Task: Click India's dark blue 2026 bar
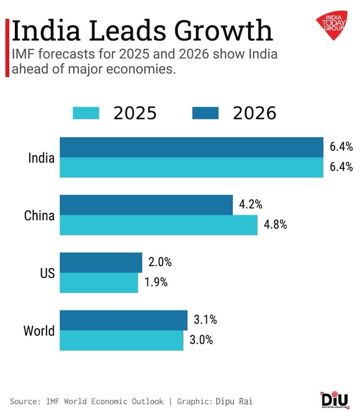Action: [191, 147]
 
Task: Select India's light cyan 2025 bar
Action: [191, 167]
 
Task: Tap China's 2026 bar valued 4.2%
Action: [146, 205]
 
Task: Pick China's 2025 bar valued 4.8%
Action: [158, 225]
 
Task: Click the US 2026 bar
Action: [101, 262]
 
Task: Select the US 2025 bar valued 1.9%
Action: [99, 283]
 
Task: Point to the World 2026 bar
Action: [123, 320]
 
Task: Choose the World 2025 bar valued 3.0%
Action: [121, 340]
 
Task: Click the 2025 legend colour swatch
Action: [86, 113]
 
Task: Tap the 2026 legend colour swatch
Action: [205, 113]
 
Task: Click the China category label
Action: [39, 215]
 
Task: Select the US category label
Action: [47, 273]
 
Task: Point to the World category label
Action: [39, 331]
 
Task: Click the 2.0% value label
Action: [159, 262]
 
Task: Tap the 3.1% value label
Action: [204, 320]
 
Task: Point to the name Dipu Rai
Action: [235, 401]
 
